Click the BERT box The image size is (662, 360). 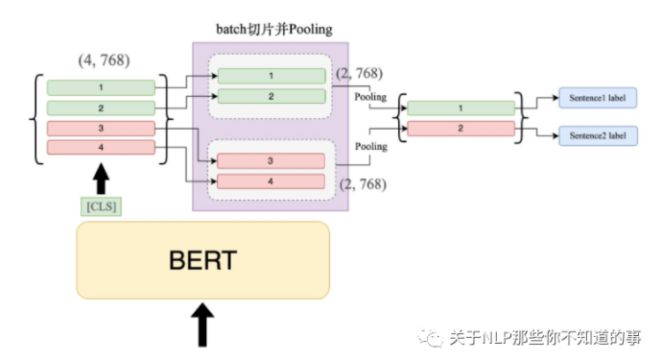point(202,260)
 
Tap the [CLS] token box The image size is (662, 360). point(101,204)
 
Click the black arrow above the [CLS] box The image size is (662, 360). point(101,178)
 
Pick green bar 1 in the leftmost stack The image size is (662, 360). point(101,87)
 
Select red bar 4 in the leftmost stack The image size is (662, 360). point(101,147)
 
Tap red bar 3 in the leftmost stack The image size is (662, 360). point(101,128)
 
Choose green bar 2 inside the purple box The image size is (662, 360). point(271,96)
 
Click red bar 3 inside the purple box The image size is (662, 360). point(271,160)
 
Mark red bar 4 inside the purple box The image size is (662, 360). point(271,180)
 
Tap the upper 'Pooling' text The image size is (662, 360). point(370,97)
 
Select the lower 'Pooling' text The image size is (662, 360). point(370,147)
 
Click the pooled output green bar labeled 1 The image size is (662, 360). point(460,109)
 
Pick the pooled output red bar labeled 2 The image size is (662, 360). point(460,129)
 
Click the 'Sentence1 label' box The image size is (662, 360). point(598,98)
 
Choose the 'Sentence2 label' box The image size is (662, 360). point(598,137)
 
